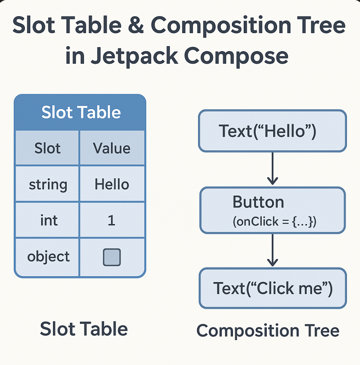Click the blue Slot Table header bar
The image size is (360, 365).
point(81,113)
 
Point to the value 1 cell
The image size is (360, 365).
point(112,221)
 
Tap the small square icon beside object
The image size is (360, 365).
point(112,257)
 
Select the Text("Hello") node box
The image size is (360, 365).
point(272,131)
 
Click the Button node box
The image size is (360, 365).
point(272,210)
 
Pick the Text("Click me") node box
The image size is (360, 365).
point(272,288)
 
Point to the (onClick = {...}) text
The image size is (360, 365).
point(274,222)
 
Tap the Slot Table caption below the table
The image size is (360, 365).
point(84,329)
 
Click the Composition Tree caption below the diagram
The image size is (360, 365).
point(268,331)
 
